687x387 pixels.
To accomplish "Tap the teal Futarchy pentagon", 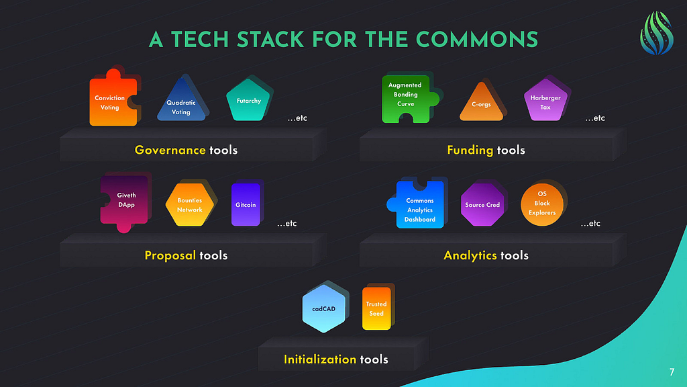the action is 248,100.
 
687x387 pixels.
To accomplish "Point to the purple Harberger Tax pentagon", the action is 545,101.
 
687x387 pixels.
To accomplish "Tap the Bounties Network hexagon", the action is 189,205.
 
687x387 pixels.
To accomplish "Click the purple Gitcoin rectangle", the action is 246,204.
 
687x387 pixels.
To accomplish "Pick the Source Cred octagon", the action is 482,205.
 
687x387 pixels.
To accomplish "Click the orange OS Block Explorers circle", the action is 542,204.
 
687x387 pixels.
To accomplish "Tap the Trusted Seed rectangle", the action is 376,308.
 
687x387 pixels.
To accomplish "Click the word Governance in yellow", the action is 170,150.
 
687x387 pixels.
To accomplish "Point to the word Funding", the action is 470,150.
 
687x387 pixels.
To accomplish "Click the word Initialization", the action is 320,359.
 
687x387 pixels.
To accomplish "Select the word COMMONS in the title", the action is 477,40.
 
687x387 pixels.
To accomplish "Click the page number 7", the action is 672,372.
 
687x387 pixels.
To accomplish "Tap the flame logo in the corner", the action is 656,34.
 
